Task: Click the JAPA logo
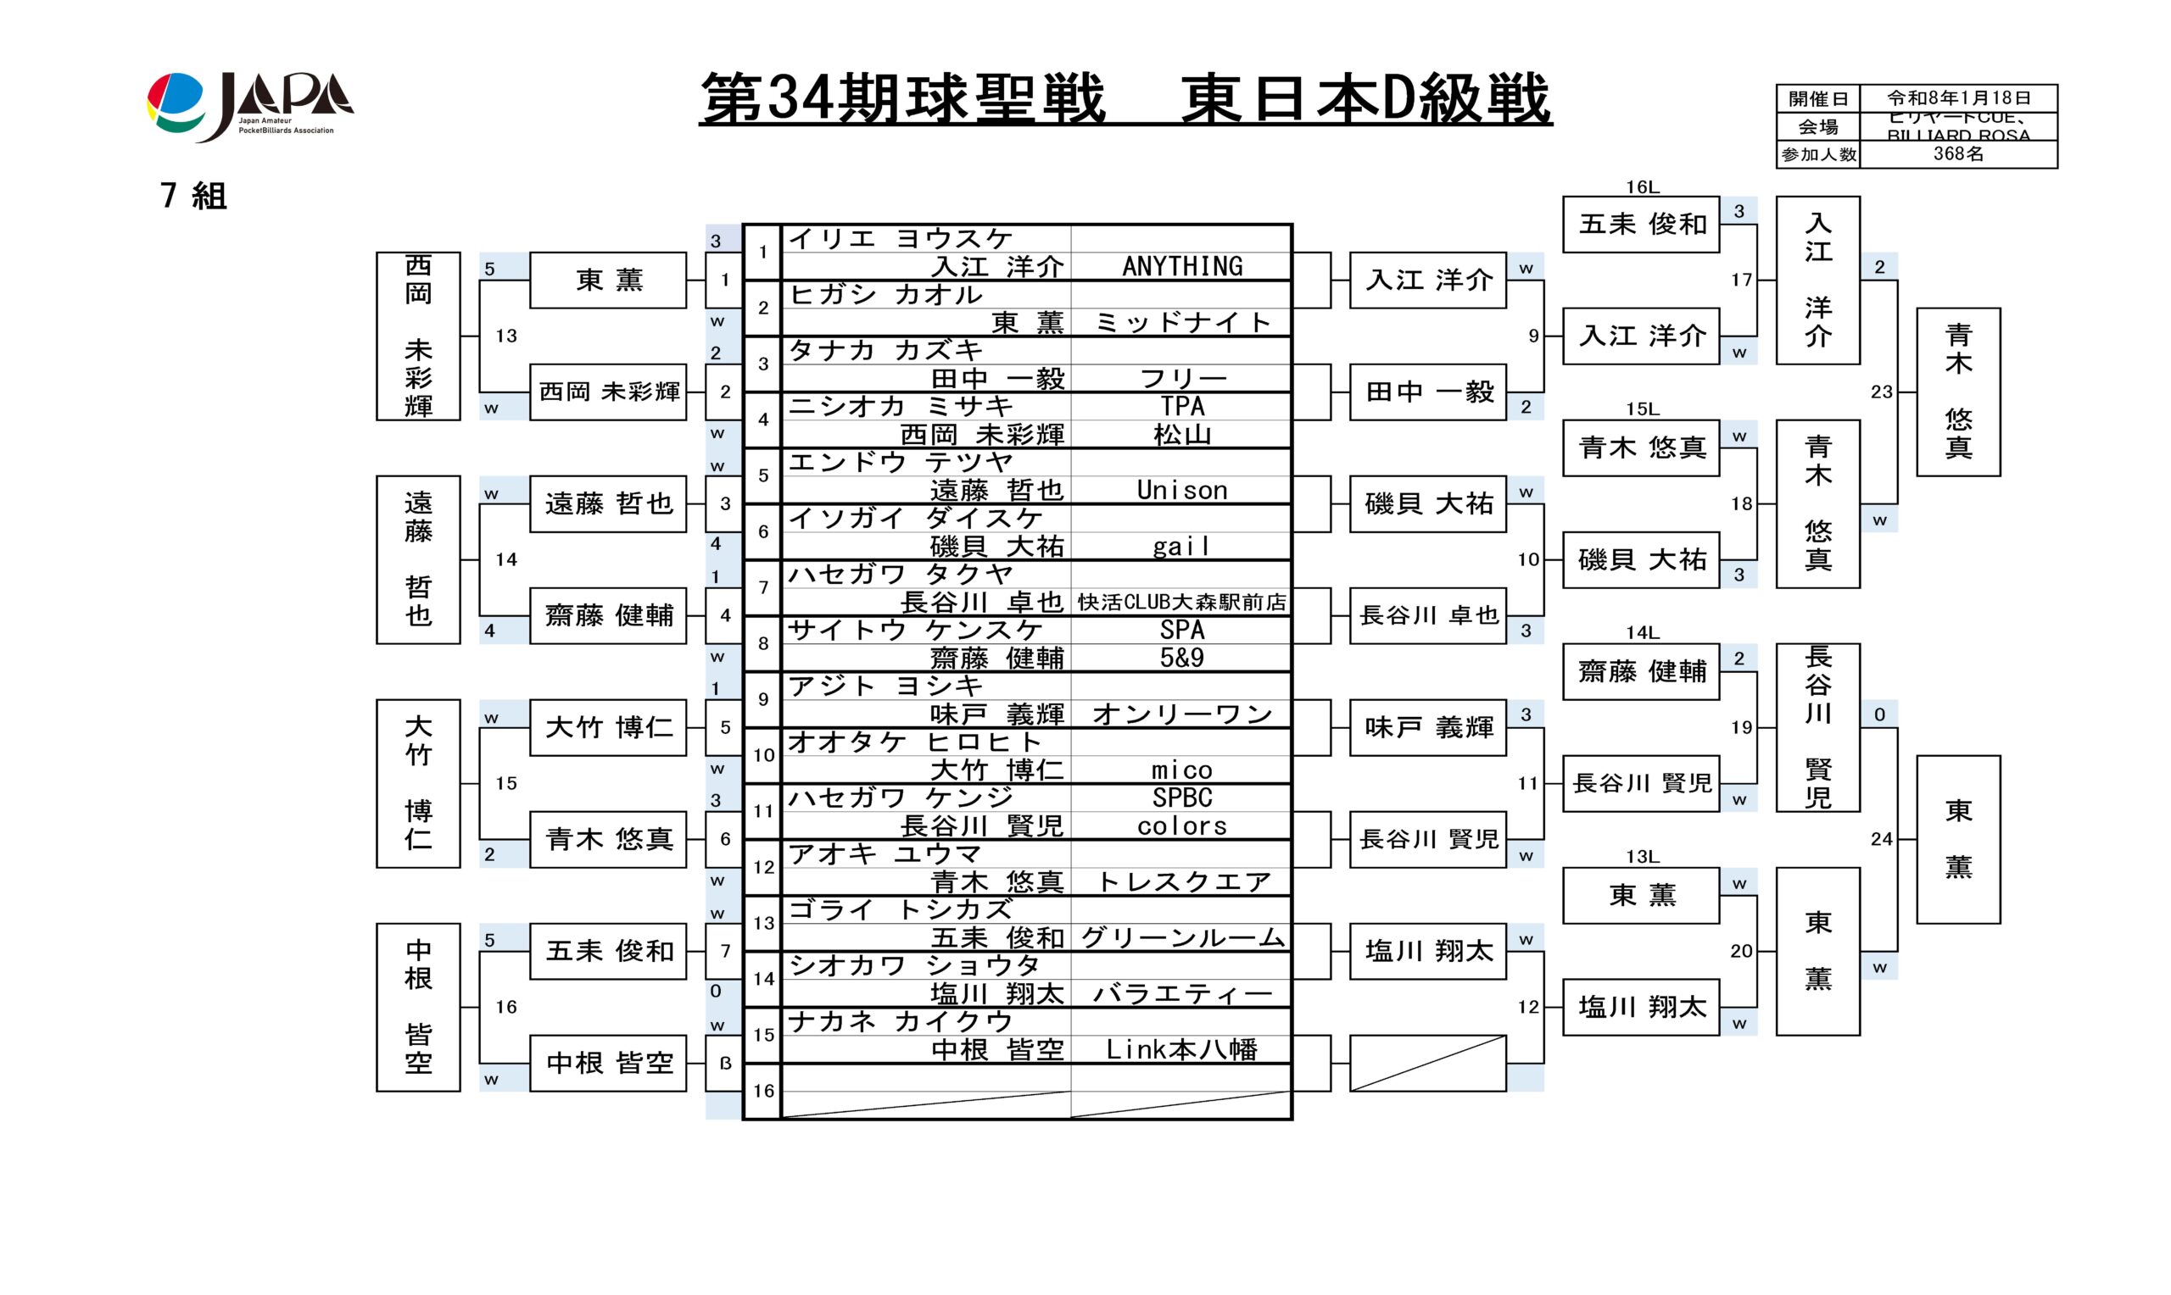pyautogui.click(x=249, y=107)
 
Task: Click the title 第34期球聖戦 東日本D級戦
pyautogui.click(x=1125, y=98)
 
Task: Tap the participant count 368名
pyautogui.click(x=1958, y=154)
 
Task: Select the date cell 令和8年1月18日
pyautogui.click(x=1958, y=97)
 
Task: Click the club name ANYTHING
pyautogui.click(x=1182, y=266)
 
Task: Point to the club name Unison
pyautogui.click(x=1182, y=491)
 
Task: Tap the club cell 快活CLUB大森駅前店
pyautogui.click(x=1182, y=602)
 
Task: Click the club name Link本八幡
pyautogui.click(x=1182, y=1050)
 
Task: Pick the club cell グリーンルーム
pyautogui.click(x=1182, y=938)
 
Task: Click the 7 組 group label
pyautogui.click(x=194, y=196)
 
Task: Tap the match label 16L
pyautogui.click(x=1641, y=186)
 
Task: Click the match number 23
pyautogui.click(x=1881, y=392)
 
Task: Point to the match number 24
pyautogui.click(x=1881, y=838)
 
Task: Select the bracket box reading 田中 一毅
pyautogui.click(x=1428, y=392)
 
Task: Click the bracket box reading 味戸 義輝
pyautogui.click(x=1428, y=727)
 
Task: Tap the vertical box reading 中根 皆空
pyautogui.click(x=418, y=1007)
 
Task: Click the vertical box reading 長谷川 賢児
pyautogui.click(x=1817, y=727)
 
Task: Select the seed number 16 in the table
pyautogui.click(x=763, y=1091)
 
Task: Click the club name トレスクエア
pyautogui.click(x=1182, y=882)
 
